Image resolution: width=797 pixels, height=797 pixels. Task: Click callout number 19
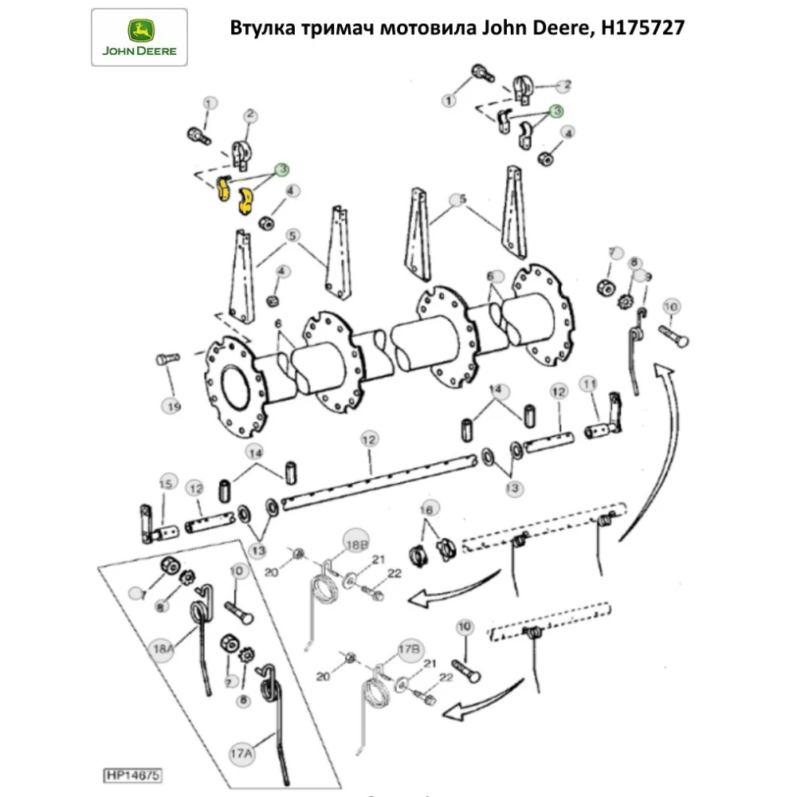point(173,406)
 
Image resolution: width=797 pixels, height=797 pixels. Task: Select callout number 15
point(165,483)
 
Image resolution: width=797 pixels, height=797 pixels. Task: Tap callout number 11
point(589,385)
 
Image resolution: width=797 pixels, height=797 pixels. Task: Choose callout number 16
point(428,508)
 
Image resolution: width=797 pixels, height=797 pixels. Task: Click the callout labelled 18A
point(160,650)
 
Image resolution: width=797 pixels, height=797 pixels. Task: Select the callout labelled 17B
point(408,650)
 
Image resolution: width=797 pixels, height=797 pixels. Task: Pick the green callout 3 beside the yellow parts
point(282,170)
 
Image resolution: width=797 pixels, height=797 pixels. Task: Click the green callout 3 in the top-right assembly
point(556,111)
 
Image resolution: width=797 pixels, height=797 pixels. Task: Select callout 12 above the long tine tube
point(369,439)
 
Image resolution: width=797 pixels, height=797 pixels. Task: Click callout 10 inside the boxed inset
point(236,571)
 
